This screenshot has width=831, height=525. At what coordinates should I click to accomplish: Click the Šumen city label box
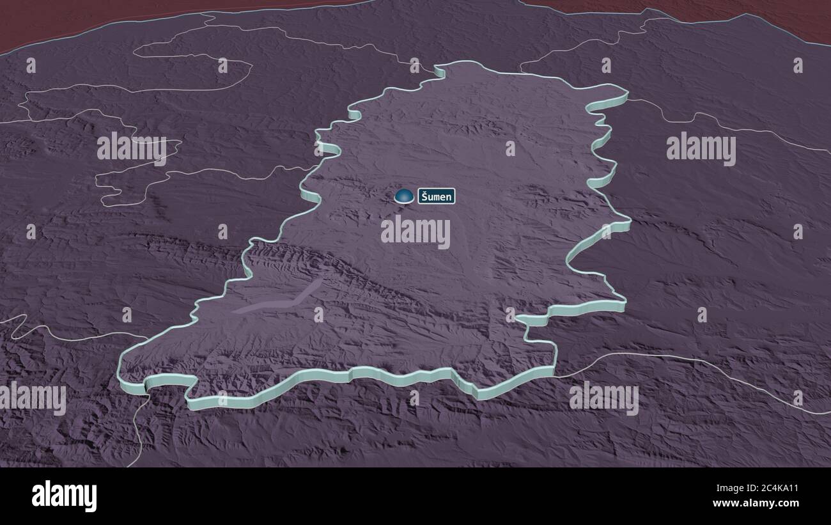tap(437, 196)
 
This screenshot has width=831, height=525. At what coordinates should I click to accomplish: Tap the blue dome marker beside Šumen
tap(404, 196)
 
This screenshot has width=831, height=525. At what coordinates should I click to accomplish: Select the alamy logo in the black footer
tap(64, 496)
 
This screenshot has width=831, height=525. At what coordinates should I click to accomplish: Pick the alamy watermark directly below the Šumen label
tap(415, 231)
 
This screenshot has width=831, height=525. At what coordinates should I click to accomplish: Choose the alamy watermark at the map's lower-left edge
tap(33, 398)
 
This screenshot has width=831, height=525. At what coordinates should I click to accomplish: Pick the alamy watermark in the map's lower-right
tap(603, 398)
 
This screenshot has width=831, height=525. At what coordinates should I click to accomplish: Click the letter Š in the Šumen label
tap(424, 196)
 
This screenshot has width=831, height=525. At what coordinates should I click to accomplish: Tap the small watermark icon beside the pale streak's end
tap(318, 314)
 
